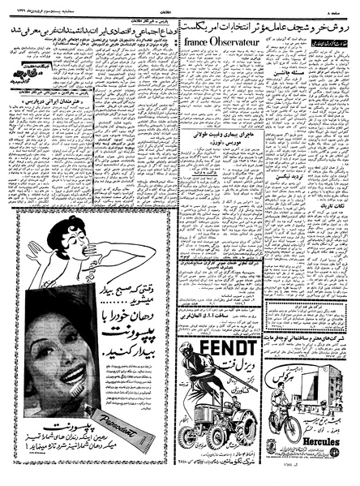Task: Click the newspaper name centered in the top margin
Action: point(179,6)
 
